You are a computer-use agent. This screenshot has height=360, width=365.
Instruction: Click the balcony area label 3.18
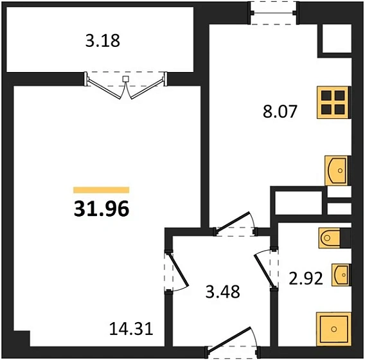pos(103,42)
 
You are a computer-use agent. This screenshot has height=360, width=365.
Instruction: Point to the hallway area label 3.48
pos(222,292)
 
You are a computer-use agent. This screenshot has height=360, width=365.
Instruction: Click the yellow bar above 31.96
pos(101,190)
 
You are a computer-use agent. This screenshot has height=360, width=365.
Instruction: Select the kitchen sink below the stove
pos(337,170)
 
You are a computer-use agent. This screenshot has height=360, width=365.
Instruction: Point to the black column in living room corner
pos(21,339)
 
